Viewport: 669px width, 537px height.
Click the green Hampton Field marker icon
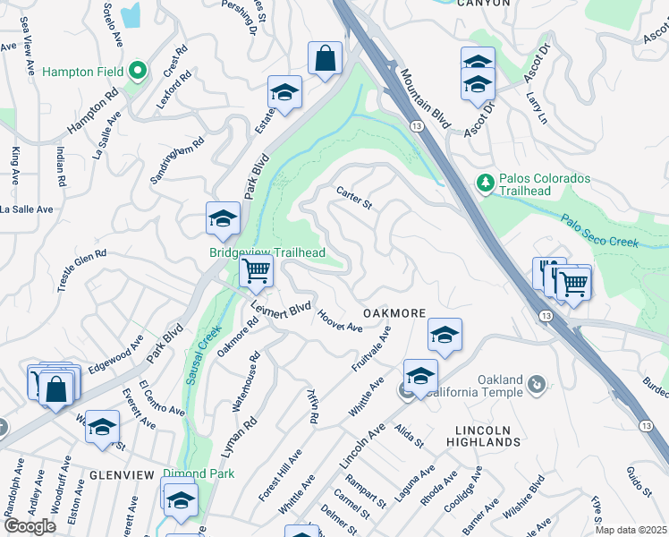coord(137,71)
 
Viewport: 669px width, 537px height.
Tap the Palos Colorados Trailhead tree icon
coord(486,183)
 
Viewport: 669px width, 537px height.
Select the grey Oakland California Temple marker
coord(536,384)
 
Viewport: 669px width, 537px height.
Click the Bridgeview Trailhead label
coord(267,253)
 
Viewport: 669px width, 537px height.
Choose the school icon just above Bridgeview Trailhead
coord(223,217)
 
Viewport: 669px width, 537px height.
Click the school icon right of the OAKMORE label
coord(445,335)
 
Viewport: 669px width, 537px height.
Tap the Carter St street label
coord(353,197)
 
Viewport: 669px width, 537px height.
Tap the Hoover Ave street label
coord(341,322)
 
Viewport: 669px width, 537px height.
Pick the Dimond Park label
coord(199,473)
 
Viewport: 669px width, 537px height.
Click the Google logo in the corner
coord(30,525)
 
